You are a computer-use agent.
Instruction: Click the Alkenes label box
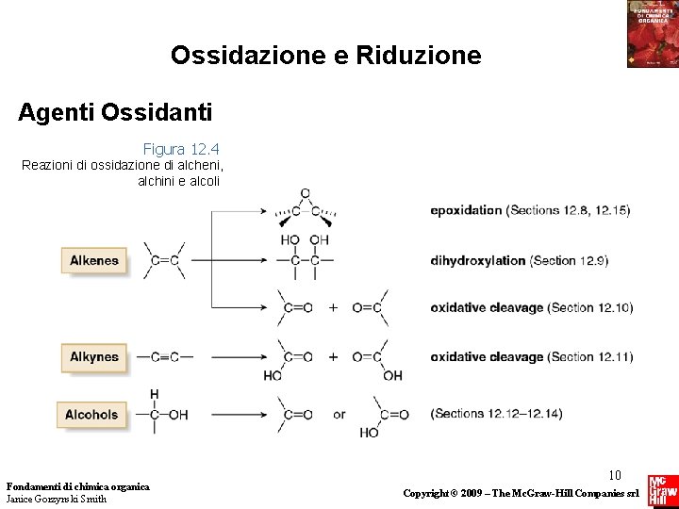pyautogui.click(x=93, y=261)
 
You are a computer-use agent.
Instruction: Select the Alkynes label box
pyautogui.click(x=93, y=357)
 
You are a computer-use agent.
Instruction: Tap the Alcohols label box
pyautogui.click(x=91, y=414)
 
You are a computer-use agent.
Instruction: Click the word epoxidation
pyautogui.click(x=466, y=210)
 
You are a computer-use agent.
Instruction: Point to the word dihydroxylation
pyautogui.click(x=477, y=260)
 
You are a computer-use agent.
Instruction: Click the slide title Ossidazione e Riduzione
pyautogui.click(x=325, y=56)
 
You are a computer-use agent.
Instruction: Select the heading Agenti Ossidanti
pyautogui.click(x=115, y=113)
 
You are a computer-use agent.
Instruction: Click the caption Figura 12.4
pyautogui.click(x=181, y=149)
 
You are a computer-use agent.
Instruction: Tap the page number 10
pyautogui.click(x=615, y=475)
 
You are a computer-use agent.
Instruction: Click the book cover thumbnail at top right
pyautogui.click(x=652, y=34)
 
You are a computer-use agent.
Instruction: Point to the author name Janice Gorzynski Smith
pyautogui.click(x=56, y=499)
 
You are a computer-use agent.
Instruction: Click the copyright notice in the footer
pyautogui.click(x=522, y=493)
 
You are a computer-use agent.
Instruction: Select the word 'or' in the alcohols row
pyautogui.click(x=339, y=414)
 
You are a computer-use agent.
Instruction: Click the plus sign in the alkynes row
pyautogui.click(x=333, y=357)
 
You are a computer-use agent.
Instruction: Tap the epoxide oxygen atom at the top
pyautogui.click(x=305, y=194)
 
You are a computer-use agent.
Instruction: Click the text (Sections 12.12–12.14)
pyautogui.click(x=496, y=414)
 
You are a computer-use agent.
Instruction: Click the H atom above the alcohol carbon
pyautogui.click(x=154, y=394)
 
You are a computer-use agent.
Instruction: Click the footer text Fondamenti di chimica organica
pyautogui.click(x=77, y=486)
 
